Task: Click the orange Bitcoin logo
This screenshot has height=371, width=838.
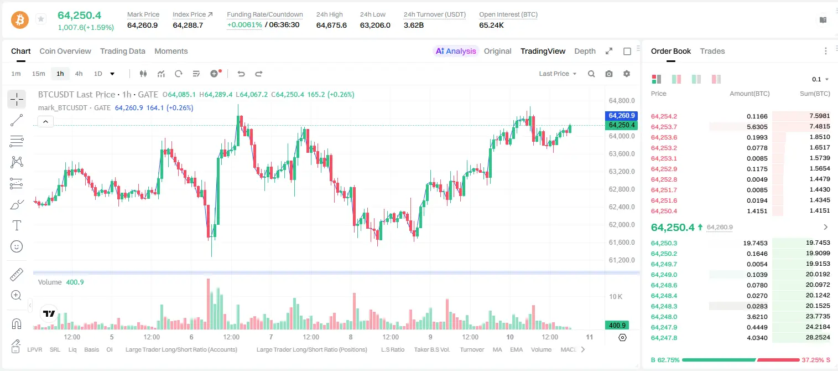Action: pyautogui.click(x=20, y=20)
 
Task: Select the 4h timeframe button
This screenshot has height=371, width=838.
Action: pyautogui.click(x=79, y=74)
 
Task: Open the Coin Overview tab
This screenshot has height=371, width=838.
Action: pyautogui.click(x=65, y=51)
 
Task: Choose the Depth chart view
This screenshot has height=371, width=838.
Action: pyautogui.click(x=585, y=51)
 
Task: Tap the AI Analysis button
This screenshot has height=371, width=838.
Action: pyautogui.click(x=456, y=51)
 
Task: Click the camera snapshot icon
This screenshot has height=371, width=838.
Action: pyautogui.click(x=609, y=74)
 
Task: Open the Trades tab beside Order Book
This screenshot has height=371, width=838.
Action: pyautogui.click(x=712, y=51)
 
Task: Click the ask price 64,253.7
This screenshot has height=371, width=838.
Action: pyautogui.click(x=664, y=127)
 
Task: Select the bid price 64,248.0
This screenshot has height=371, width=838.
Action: pyautogui.click(x=664, y=317)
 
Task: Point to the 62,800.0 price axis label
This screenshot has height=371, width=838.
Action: pyautogui.click(x=622, y=189)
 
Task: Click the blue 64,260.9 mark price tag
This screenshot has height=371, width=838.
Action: pyautogui.click(x=621, y=116)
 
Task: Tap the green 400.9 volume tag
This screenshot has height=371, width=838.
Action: pyautogui.click(x=617, y=326)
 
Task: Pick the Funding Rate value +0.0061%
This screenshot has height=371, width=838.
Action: pyautogui.click(x=244, y=25)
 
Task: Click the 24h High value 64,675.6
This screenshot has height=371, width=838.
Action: pyautogui.click(x=331, y=25)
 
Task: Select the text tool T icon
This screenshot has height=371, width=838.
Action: pyautogui.click(x=17, y=225)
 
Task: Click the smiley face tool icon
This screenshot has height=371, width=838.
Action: pyautogui.click(x=17, y=246)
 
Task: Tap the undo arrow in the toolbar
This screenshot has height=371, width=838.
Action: pyautogui.click(x=241, y=74)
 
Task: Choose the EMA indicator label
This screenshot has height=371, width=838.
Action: pyautogui.click(x=516, y=349)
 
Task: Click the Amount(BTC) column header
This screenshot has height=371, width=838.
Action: pyautogui.click(x=749, y=94)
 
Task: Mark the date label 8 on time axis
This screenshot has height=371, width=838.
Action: pyautogui.click(x=351, y=337)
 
